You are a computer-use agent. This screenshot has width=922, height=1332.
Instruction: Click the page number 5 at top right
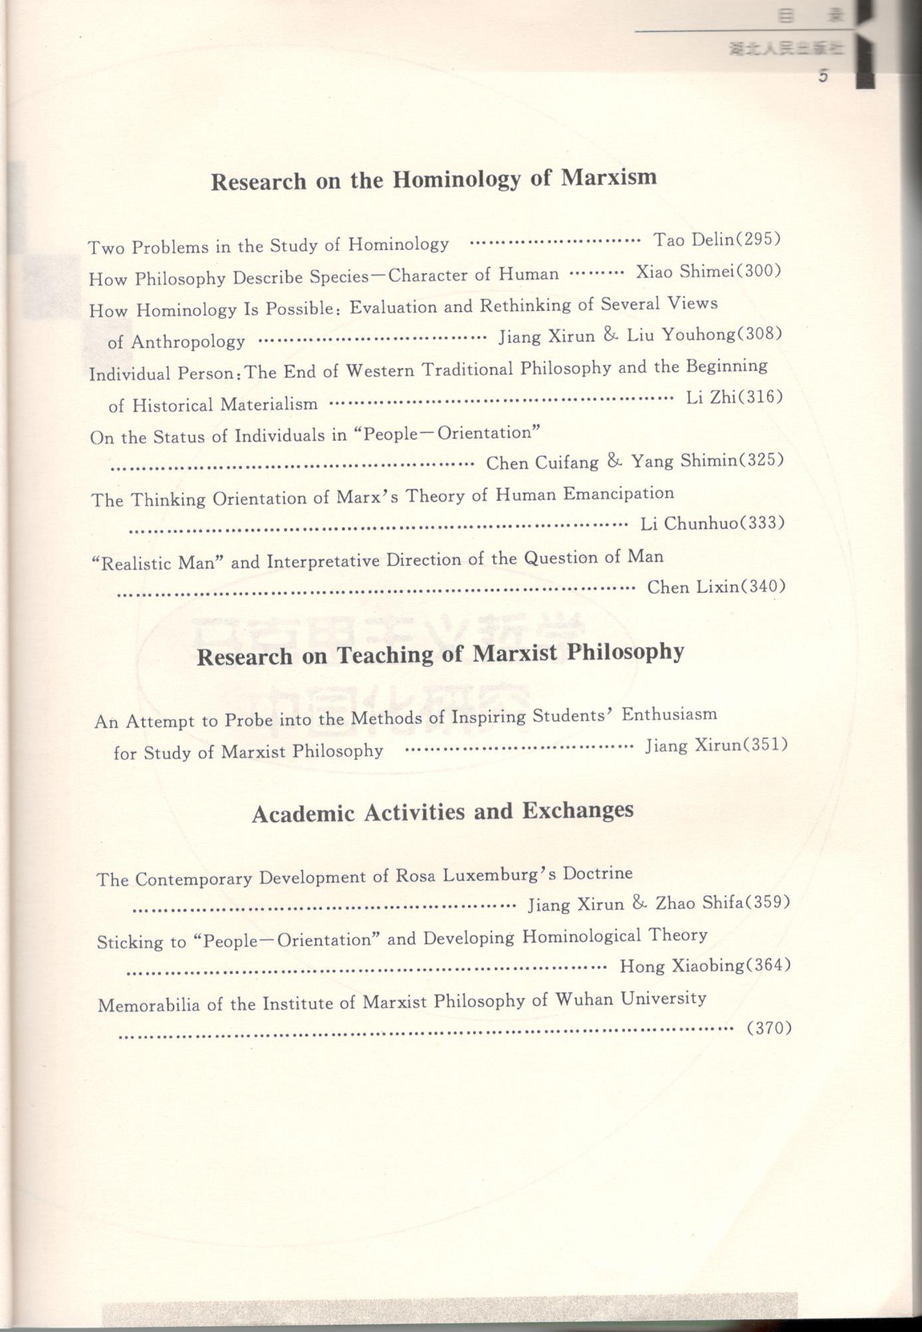click(x=824, y=76)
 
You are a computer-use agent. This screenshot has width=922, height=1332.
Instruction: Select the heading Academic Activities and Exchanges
click(x=443, y=812)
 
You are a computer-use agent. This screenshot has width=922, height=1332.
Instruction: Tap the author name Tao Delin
click(x=692, y=239)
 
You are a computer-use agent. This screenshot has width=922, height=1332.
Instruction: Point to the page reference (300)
click(x=758, y=271)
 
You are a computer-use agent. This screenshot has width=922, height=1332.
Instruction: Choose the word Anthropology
click(x=188, y=342)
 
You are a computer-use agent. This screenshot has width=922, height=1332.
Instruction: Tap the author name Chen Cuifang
click(x=542, y=462)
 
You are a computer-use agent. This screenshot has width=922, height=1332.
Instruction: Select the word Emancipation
click(x=619, y=494)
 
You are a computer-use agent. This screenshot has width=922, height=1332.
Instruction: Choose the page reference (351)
click(x=764, y=745)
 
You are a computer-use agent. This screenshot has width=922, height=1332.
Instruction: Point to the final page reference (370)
click(x=769, y=1028)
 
